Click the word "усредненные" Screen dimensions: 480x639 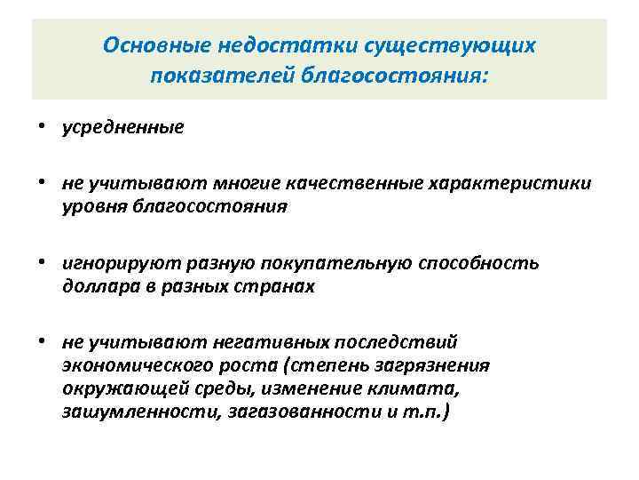(x=122, y=127)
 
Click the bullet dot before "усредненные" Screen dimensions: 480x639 (x=43, y=127)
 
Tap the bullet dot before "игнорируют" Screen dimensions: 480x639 (x=43, y=264)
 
